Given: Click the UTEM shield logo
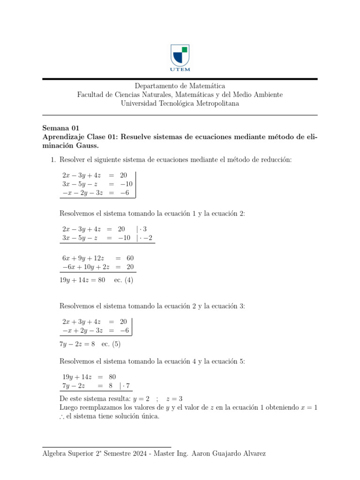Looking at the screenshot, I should pos(180,56).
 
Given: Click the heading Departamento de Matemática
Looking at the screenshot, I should pos(180,86).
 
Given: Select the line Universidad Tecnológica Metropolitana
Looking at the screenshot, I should pos(180,104).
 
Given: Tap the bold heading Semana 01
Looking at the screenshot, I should pos(61,128).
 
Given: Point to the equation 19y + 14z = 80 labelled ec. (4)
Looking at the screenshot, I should pos(82,280).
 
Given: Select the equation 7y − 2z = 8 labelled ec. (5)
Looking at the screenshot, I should pos(77,344).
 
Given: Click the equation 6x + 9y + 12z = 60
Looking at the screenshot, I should pos(98,258).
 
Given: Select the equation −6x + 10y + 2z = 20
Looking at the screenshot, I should pos(98,267).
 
